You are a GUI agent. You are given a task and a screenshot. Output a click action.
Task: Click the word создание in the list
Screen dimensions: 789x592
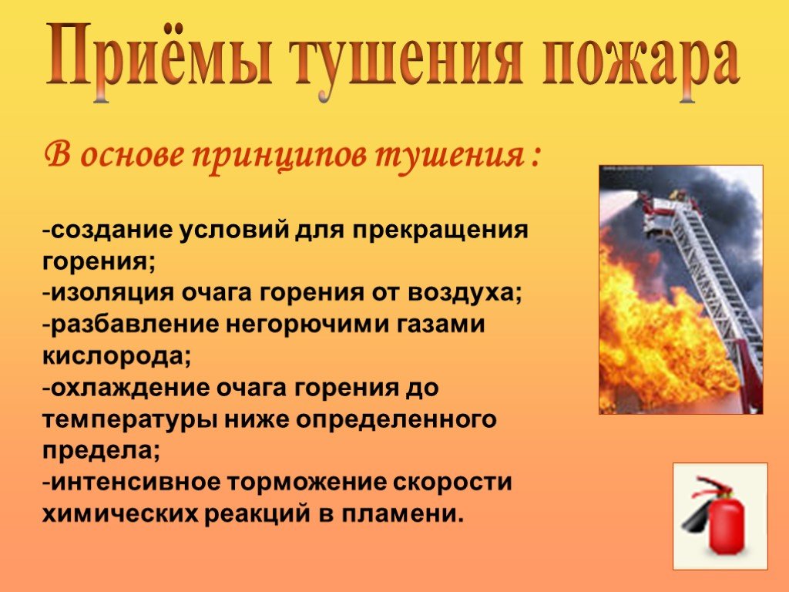(111, 230)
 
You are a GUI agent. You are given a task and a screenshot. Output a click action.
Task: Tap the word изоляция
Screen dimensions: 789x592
(112, 294)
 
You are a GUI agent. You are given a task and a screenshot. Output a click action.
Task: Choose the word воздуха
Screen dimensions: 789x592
(465, 294)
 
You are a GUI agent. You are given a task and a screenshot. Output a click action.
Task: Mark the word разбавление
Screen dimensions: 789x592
(135, 325)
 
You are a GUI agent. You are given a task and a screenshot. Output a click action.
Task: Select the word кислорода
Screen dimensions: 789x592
(116, 356)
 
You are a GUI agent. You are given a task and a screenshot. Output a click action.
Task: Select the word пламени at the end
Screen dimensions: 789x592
(402, 514)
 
